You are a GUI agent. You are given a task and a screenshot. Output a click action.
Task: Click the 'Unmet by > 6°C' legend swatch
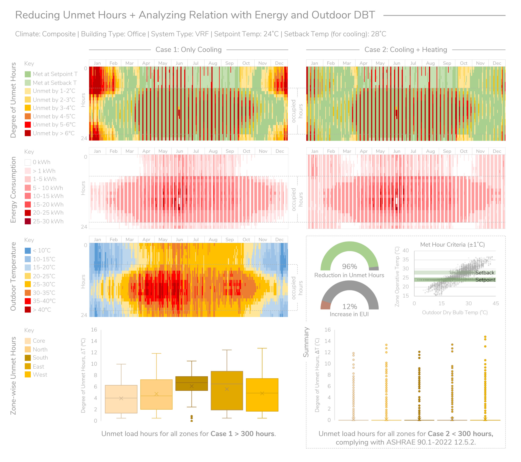tap(28, 133)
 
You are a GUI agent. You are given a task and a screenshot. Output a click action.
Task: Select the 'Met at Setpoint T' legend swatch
tap(28, 74)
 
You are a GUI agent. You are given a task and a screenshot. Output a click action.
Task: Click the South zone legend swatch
tap(28, 358)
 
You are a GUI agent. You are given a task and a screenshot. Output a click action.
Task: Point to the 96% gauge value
tap(349, 266)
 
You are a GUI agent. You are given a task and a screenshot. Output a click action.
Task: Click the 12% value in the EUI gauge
tap(349, 307)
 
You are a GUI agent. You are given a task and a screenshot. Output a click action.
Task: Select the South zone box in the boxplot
tap(192, 383)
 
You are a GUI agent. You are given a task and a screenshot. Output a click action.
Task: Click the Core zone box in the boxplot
tap(121, 399)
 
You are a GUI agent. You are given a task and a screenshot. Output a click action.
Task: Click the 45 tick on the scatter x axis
tap(496, 304)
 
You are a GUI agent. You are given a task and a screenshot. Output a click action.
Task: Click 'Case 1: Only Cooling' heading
tap(189, 50)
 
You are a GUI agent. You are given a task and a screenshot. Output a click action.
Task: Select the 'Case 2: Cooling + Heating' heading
tap(406, 50)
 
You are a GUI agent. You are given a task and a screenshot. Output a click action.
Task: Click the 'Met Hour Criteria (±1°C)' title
tap(452, 245)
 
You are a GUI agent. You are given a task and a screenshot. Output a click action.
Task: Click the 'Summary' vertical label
tap(306, 342)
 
